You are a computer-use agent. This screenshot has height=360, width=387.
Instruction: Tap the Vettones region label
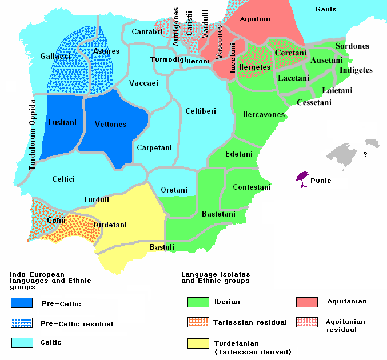111,124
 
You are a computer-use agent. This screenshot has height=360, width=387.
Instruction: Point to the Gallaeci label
38,56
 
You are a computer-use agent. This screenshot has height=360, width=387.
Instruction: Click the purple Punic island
302,178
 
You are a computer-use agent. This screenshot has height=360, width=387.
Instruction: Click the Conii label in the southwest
57,220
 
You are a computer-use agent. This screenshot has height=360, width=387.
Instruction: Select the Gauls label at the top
325,10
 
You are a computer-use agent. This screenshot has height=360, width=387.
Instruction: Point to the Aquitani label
254,19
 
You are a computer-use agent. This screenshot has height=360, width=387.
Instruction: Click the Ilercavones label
264,115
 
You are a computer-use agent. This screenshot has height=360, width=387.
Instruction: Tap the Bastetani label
218,214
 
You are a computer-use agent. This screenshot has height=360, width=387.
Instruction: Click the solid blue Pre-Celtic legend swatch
22,303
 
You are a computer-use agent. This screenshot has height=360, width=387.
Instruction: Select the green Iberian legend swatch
198,302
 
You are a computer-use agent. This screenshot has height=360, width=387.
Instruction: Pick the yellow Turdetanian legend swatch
198,343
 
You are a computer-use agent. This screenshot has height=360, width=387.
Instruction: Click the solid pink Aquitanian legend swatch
308,302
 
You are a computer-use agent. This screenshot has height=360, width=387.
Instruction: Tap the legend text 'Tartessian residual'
250,322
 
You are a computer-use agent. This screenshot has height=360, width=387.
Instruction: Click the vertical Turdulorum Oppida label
33,135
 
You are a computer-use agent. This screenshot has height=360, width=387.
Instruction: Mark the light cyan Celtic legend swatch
22,342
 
